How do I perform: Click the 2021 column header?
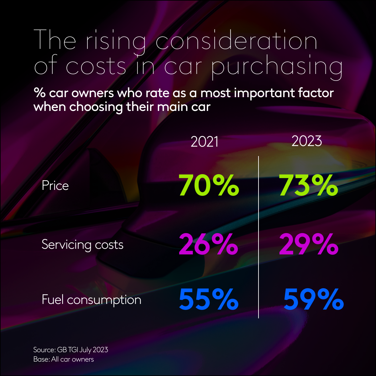[x=204, y=142]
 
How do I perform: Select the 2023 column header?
[x=307, y=141]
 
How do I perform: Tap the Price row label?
[x=55, y=185]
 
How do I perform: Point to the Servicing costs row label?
[x=82, y=244]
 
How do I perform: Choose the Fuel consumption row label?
[x=91, y=300]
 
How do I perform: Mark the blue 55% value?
[x=209, y=300]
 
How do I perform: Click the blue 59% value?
[x=313, y=300]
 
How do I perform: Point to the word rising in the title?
[x=115, y=41]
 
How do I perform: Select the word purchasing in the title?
[x=277, y=66]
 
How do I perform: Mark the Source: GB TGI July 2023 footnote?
[x=70, y=350]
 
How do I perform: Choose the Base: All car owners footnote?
[x=64, y=359]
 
